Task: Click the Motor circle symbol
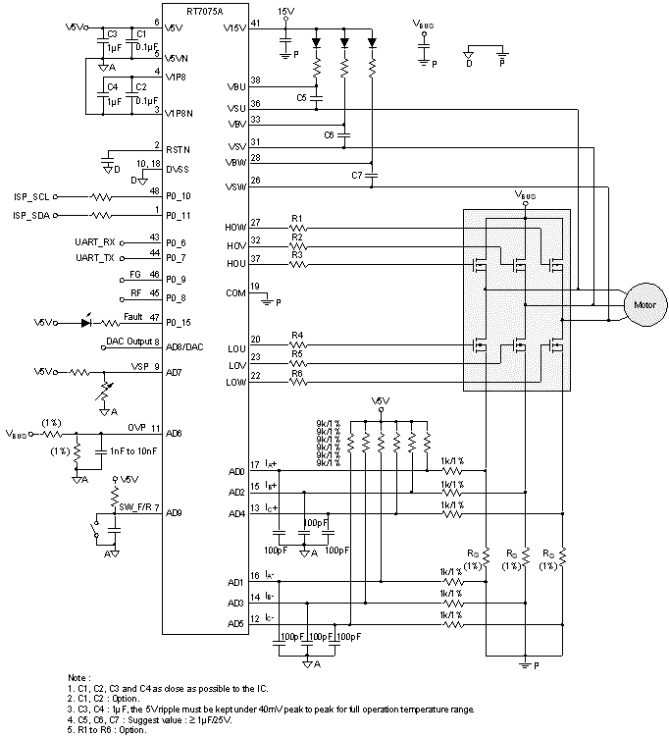(643, 304)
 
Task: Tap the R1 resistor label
(297, 218)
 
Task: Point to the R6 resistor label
(297, 372)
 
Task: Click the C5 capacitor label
(302, 98)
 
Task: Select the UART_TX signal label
(96, 257)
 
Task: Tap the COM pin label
(235, 292)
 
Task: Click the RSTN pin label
(178, 149)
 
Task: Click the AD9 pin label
(175, 512)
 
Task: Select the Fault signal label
(133, 316)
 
